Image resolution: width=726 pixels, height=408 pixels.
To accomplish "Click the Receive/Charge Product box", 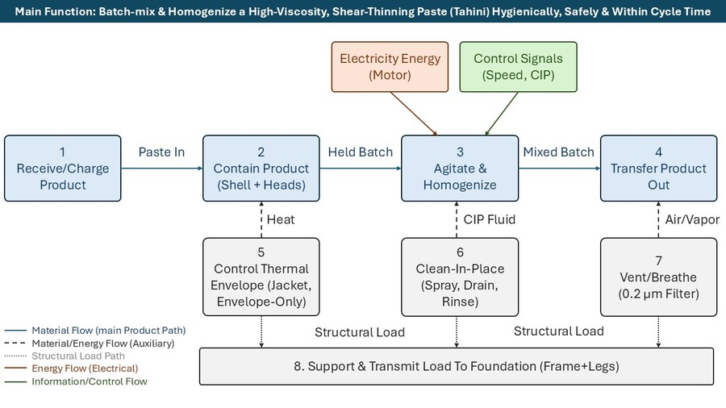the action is coord(62,169).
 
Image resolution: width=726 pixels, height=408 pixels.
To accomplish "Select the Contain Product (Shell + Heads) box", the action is coord(261,169).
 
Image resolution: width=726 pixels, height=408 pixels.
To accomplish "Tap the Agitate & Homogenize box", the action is coord(460,169).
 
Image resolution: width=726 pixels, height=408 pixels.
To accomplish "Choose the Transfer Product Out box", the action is coord(658,169).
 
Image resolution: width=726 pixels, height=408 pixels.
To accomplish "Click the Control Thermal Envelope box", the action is coord(261,277).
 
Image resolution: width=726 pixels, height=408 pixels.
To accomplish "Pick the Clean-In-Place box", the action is coord(460,277).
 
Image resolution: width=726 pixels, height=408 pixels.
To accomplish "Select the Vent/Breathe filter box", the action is coord(658,277).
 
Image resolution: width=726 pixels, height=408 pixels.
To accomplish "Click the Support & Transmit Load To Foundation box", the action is coord(457,366).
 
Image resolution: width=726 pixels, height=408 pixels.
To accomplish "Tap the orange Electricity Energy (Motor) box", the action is coord(390,67).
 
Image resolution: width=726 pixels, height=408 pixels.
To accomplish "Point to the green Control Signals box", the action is coord(518,67).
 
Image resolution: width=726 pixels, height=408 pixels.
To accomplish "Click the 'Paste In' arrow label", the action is coord(161,152).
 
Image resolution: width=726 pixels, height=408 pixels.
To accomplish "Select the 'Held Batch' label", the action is coord(361,152).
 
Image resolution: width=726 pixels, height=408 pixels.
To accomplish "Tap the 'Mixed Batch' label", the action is coord(558,152).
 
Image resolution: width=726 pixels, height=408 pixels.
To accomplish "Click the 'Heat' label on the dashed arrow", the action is coord(281,219).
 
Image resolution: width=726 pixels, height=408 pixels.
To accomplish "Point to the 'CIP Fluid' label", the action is coord(490,219).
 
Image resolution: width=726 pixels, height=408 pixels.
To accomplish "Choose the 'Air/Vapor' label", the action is coord(692,219).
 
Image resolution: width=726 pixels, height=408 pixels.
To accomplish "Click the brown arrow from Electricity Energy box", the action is coord(414,114).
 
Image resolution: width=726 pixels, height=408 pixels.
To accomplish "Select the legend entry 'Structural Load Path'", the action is coord(78,356).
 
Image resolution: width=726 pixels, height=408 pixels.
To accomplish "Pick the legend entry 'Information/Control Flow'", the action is coord(90,381).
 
